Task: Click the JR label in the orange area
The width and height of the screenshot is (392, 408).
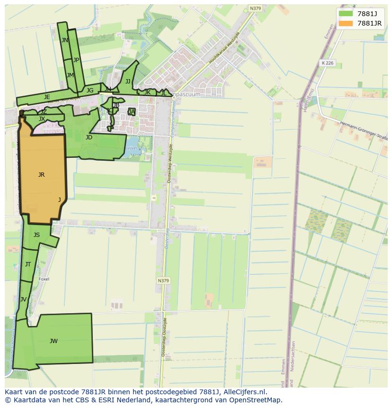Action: click(42, 175)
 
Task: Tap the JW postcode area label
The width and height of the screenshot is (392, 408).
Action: click(53, 341)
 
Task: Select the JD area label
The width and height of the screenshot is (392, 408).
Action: click(89, 137)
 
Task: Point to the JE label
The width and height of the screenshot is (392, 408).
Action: click(47, 97)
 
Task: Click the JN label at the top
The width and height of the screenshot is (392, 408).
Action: click(65, 40)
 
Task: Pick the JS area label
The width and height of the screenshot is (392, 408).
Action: click(37, 235)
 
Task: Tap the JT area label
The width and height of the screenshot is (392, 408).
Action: click(28, 264)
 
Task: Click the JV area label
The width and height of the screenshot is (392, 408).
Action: click(23, 299)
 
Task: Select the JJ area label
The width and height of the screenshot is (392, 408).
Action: click(128, 82)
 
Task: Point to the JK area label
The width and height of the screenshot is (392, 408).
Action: click(147, 92)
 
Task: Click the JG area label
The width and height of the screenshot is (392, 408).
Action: click(90, 91)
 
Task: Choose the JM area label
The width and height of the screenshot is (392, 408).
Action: click(70, 75)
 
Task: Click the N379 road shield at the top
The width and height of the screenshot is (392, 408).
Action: click(255, 9)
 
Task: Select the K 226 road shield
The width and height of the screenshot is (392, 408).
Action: click(327, 63)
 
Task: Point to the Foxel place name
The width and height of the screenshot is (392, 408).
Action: click(44, 279)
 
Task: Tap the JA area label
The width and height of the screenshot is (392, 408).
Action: click(132, 112)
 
